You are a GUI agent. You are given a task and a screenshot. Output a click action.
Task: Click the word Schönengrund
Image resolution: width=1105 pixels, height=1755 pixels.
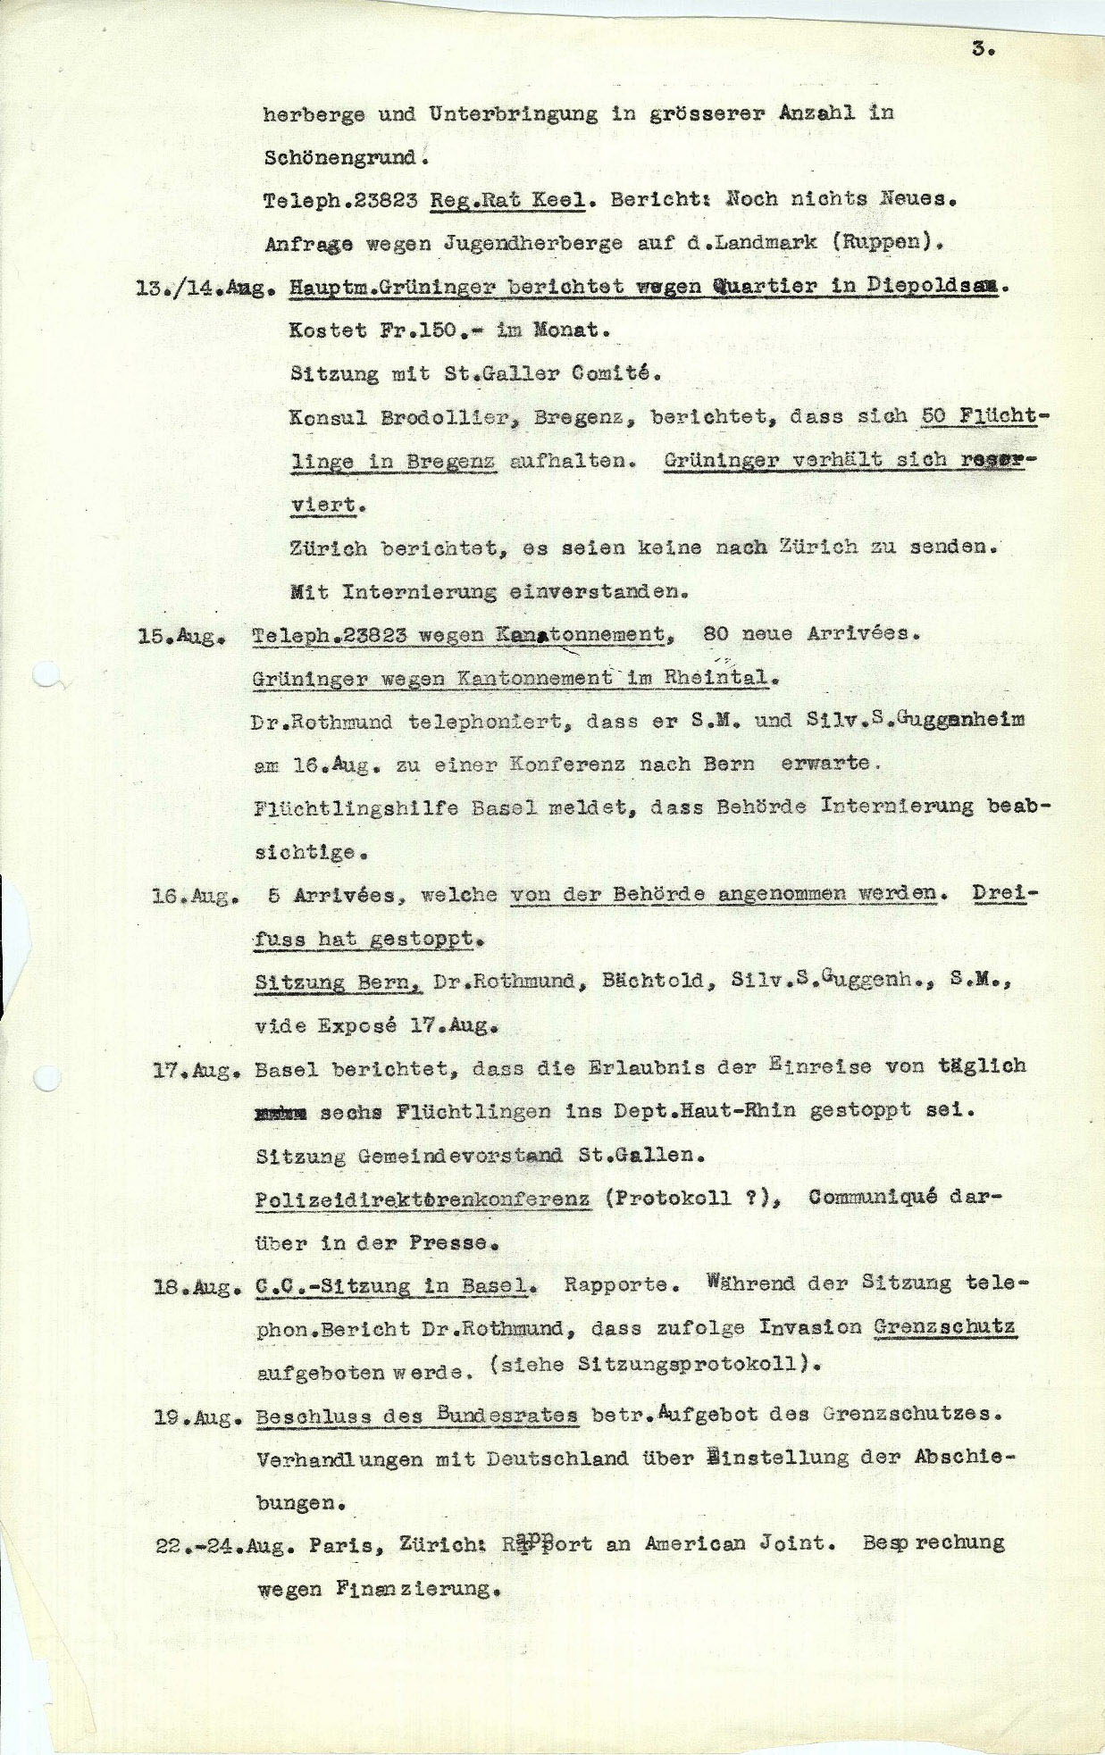(x=340, y=157)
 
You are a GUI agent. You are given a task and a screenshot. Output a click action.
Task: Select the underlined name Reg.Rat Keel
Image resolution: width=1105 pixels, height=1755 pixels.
(x=507, y=200)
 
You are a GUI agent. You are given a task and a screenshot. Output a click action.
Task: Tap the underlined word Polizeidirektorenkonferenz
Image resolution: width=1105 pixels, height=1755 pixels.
(x=423, y=1199)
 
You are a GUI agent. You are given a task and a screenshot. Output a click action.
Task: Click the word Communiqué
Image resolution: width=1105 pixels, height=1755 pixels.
(x=873, y=1197)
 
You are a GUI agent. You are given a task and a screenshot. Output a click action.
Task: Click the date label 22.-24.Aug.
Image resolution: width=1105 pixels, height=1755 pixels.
(x=224, y=1546)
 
